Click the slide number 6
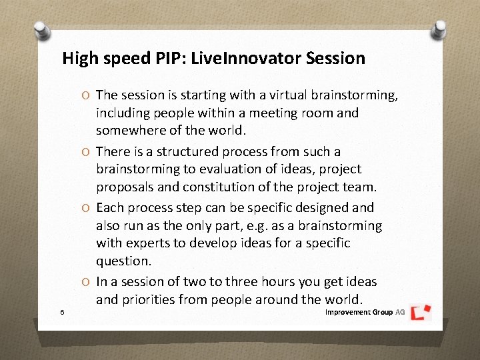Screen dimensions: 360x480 point(61,312)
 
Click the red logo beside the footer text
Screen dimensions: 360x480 point(421,312)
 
